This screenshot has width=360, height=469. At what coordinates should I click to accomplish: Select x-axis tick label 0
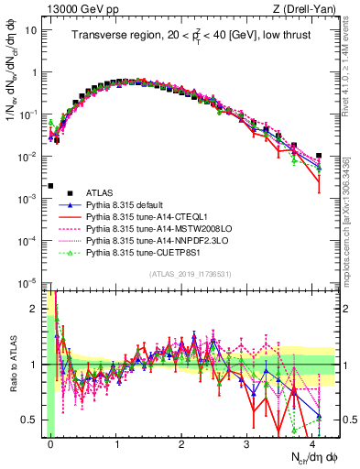coord(51,442)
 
